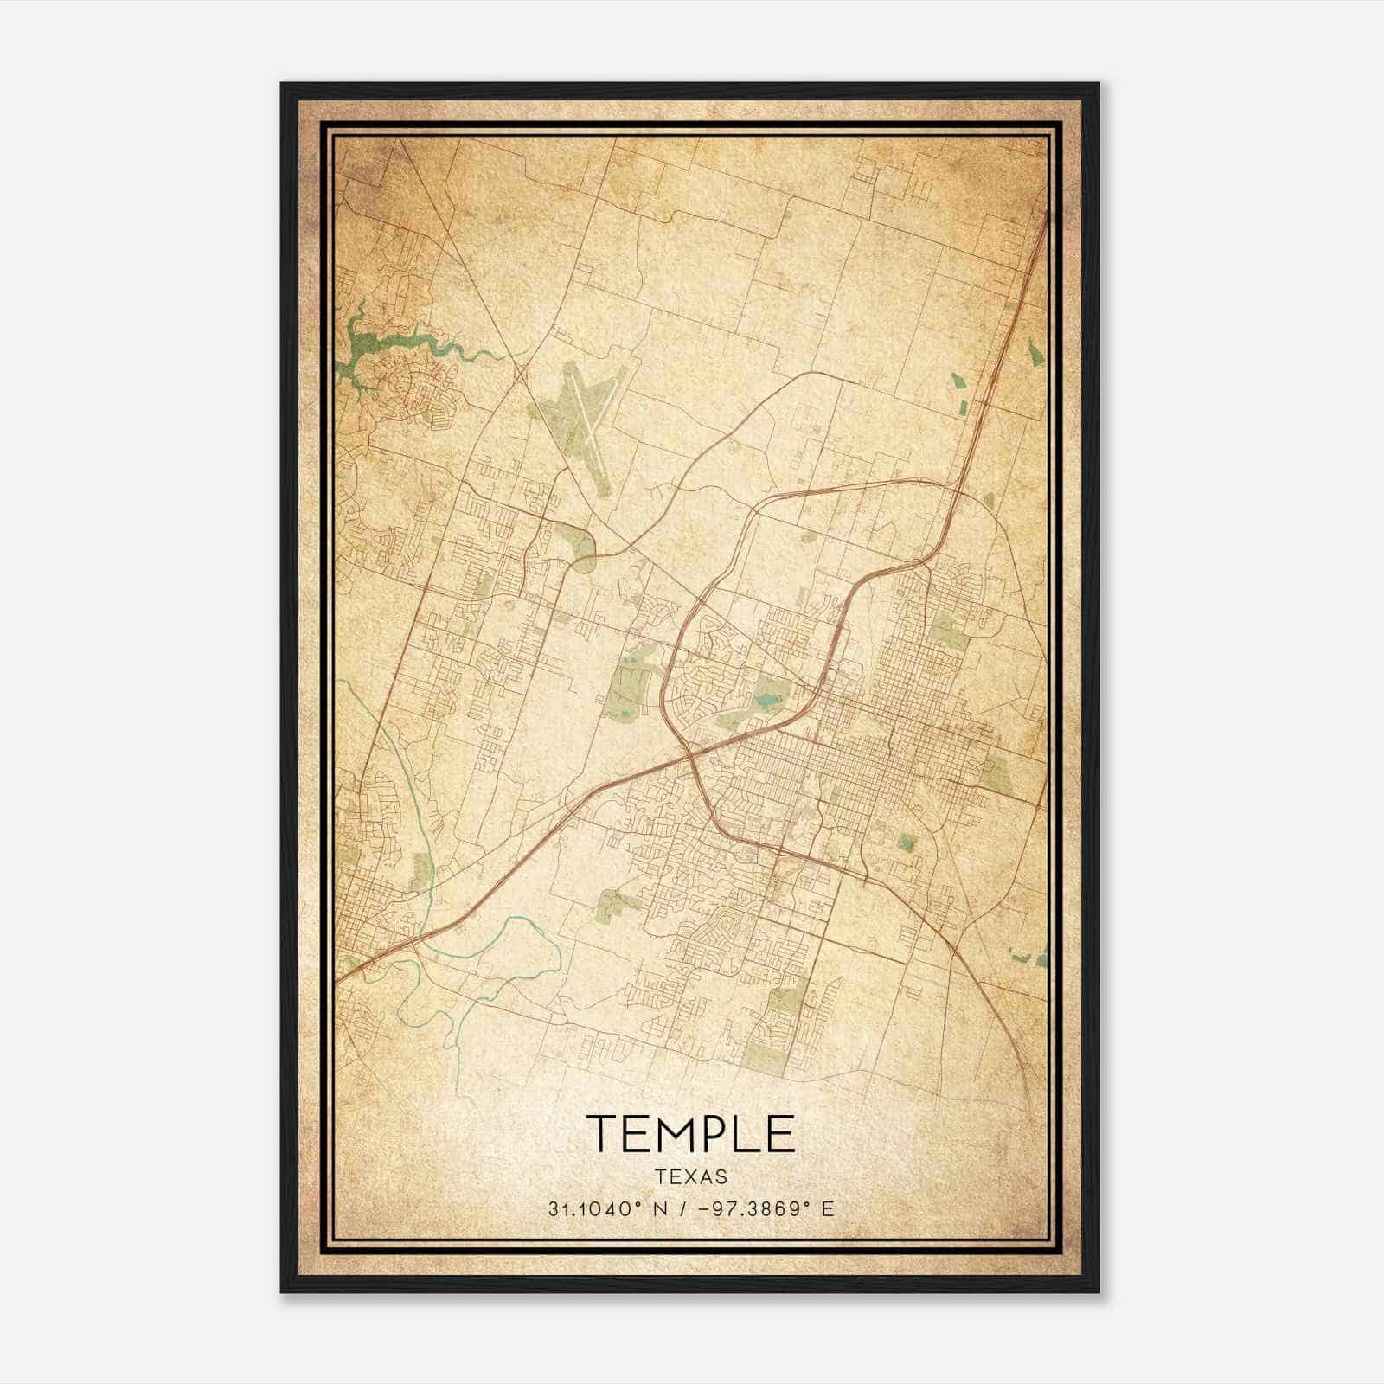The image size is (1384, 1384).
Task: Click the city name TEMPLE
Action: (x=690, y=1134)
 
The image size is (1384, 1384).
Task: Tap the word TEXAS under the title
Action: (x=691, y=1177)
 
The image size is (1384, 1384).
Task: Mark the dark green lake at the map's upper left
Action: (x=359, y=346)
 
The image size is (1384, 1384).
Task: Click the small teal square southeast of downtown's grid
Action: (x=907, y=843)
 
